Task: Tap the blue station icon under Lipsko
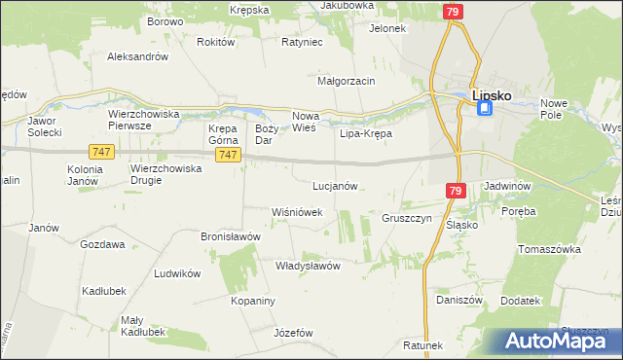[x=485, y=110]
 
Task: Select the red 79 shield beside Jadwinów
[x=456, y=193]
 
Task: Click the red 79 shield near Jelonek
[x=452, y=12]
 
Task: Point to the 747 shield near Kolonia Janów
[x=101, y=152]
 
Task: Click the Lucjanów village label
[x=336, y=185]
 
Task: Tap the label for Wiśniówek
[x=296, y=211]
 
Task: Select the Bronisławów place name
[x=233, y=235]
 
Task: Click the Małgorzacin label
[x=347, y=81]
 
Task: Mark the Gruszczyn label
[x=407, y=218]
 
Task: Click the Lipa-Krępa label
[x=365, y=133]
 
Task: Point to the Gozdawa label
[x=102, y=244]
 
